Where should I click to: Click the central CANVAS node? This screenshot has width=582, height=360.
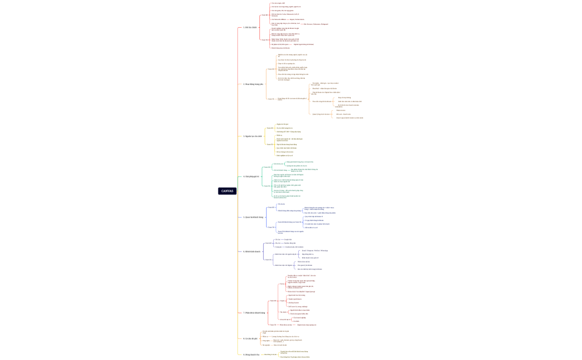point(227,191)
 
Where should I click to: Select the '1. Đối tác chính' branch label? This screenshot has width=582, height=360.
point(251,27)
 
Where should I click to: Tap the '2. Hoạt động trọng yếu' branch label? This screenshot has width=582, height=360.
point(253,84)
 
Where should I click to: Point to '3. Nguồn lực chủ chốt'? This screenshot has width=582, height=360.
point(253,136)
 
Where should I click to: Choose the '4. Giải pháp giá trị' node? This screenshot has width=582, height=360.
point(252,177)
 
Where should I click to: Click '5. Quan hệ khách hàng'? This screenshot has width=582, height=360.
point(253,217)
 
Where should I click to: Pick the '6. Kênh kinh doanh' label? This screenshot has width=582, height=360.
point(252,251)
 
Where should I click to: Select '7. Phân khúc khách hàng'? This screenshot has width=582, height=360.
point(254,313)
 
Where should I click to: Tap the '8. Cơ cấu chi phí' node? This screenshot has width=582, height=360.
point(251,338)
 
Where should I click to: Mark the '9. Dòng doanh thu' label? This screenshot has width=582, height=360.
point(252,354)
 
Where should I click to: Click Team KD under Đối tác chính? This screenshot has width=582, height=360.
point(265,15)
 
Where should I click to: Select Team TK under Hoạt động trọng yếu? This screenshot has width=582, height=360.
point(271,99)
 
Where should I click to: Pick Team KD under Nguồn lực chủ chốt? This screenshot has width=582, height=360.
point(270,128)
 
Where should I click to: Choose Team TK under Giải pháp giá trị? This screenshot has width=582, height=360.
point(267,186)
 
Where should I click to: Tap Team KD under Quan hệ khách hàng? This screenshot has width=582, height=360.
point(271,207)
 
